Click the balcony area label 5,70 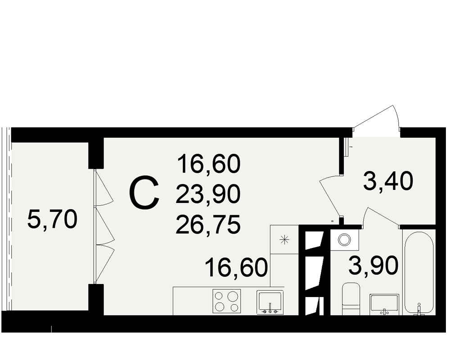[x=52, y=219]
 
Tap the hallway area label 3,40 [x=388, y=181]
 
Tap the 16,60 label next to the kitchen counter [x=237, y=268]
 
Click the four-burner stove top [x=226, y=301]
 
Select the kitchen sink [x=270, y=302]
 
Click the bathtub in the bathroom [x=419, y=274]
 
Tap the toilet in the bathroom [x=351, y=298]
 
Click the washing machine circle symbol [x=344, y=239]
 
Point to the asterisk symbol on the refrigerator [x=284, y=239]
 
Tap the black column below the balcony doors [x=96, y=299]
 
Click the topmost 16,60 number [x=209, y=164]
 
